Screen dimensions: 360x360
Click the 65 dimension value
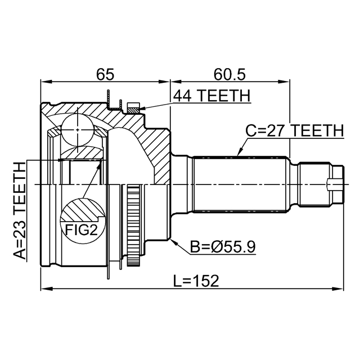105,74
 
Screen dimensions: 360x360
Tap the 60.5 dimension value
229,74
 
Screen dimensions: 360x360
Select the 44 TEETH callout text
211,96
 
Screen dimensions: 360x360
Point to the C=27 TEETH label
295,130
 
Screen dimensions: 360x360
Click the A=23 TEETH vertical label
20,211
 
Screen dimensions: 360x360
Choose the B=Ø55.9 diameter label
223,247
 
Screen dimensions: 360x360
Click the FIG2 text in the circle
82,229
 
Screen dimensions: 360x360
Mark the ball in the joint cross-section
78,130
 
